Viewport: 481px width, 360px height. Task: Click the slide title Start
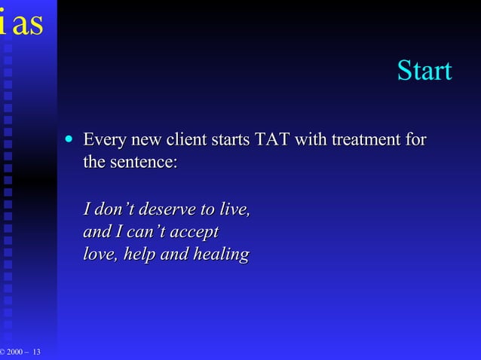pyautogui.click(x=424, y=71)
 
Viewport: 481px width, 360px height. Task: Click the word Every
pyautogui.click(x=104, y=140)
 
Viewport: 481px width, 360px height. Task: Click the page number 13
pyautogui.click(x=37, y=353)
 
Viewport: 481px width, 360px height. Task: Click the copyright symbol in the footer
pyautogui.click(x=3, y=353)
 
